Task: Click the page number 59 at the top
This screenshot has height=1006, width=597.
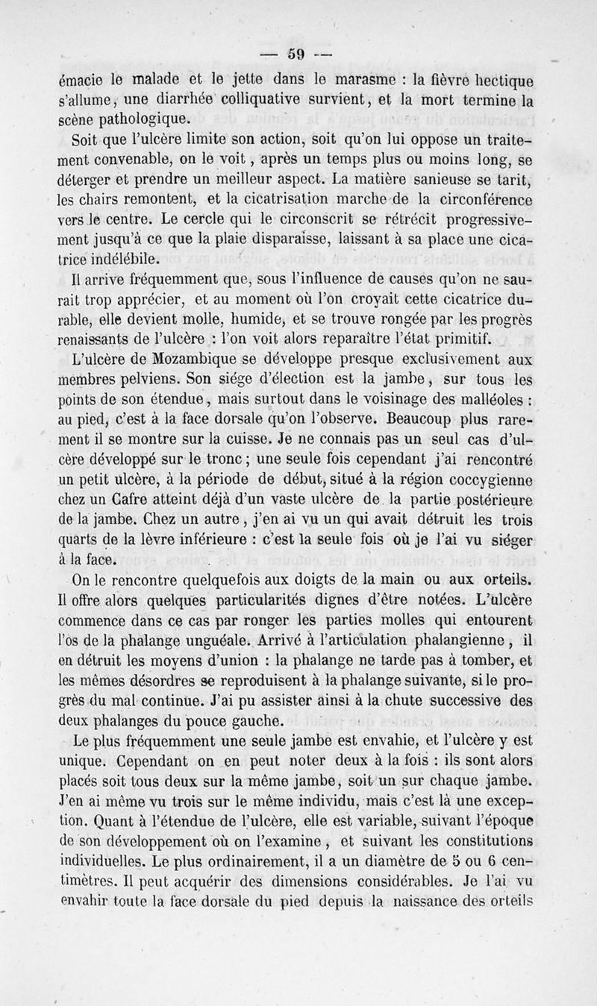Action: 298,53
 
